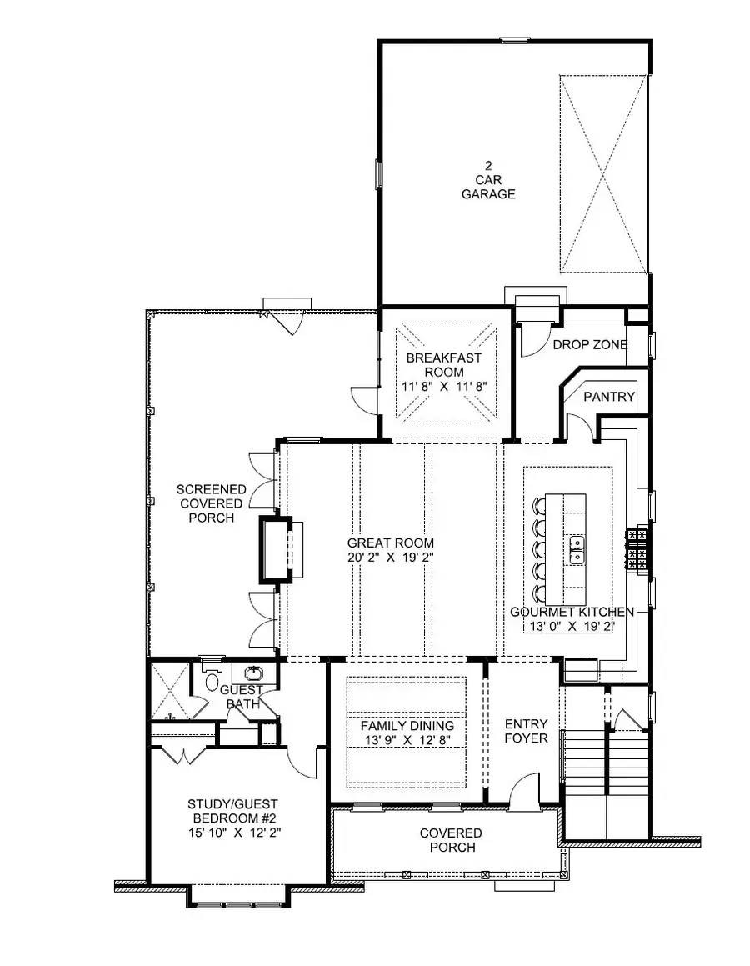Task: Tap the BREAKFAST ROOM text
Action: pos(443,365)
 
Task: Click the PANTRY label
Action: pos(609,397)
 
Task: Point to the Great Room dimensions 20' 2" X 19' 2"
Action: pos(392,557)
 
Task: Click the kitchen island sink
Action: pos(576,546)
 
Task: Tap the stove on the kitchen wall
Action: pos(638,549)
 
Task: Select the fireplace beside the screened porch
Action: pos(275,548)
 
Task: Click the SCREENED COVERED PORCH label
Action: pos(210,503)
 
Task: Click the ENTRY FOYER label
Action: pos(526,731)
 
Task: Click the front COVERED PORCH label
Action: pos(450,840)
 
